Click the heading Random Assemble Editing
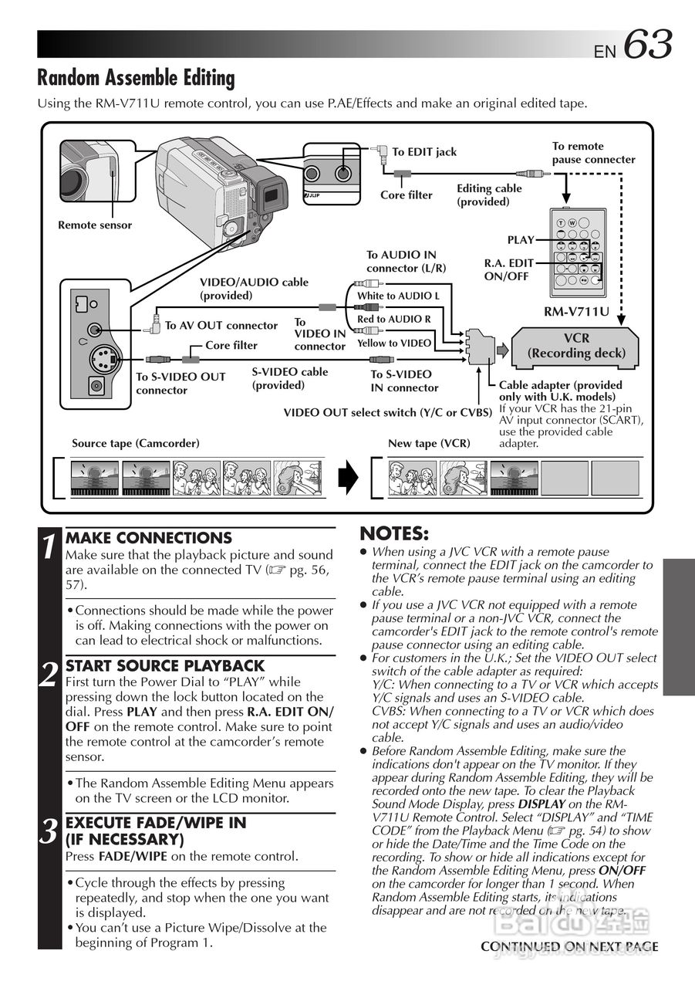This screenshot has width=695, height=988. coord(136,78)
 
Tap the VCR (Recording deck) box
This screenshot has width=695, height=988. coord(576,346)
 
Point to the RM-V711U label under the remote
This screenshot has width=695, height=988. coord(577,312)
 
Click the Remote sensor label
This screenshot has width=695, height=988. coord(95,225)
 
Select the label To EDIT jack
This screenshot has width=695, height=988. coord(424,152)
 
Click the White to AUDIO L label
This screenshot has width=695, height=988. coord(398,296)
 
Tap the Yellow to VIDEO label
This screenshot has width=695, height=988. coord(394,343)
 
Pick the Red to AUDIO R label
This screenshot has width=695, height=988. coord(394,319)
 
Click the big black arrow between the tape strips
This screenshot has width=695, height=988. coord(349,478)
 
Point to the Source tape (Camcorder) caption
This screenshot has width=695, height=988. coord(136,443)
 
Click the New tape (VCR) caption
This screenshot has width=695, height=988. coord(429,443)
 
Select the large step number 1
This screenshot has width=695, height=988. coord(49,547)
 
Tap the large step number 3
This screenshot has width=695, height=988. coord(49,832)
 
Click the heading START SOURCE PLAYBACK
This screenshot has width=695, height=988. coord(165,665)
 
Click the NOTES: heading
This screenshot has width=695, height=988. coord(394,534)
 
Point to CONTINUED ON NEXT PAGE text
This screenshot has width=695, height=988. coord(569,946)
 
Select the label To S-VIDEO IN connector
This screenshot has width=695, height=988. coord(404,381)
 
